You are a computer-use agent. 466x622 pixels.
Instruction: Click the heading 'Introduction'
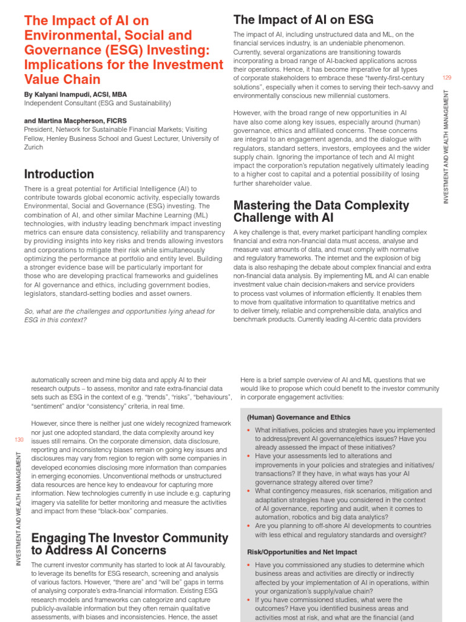59,174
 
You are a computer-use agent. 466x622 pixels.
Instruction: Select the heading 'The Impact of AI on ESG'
303,20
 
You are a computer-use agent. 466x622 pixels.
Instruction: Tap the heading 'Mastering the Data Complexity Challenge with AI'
321,211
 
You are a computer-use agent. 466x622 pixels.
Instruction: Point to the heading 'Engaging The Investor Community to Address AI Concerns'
129,544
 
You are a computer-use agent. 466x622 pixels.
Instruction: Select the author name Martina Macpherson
84,121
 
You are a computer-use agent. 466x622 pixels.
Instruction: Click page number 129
447,78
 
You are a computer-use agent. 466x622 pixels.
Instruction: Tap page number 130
18,439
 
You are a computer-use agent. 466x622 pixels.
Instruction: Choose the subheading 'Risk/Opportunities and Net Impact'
302,552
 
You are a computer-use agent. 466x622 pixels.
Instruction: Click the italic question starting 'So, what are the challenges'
120,316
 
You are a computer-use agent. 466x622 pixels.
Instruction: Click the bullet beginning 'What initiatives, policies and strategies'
345,439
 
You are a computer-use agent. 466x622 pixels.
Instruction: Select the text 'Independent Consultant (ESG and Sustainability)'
98,103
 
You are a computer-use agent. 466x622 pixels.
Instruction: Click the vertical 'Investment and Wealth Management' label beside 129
447,146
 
